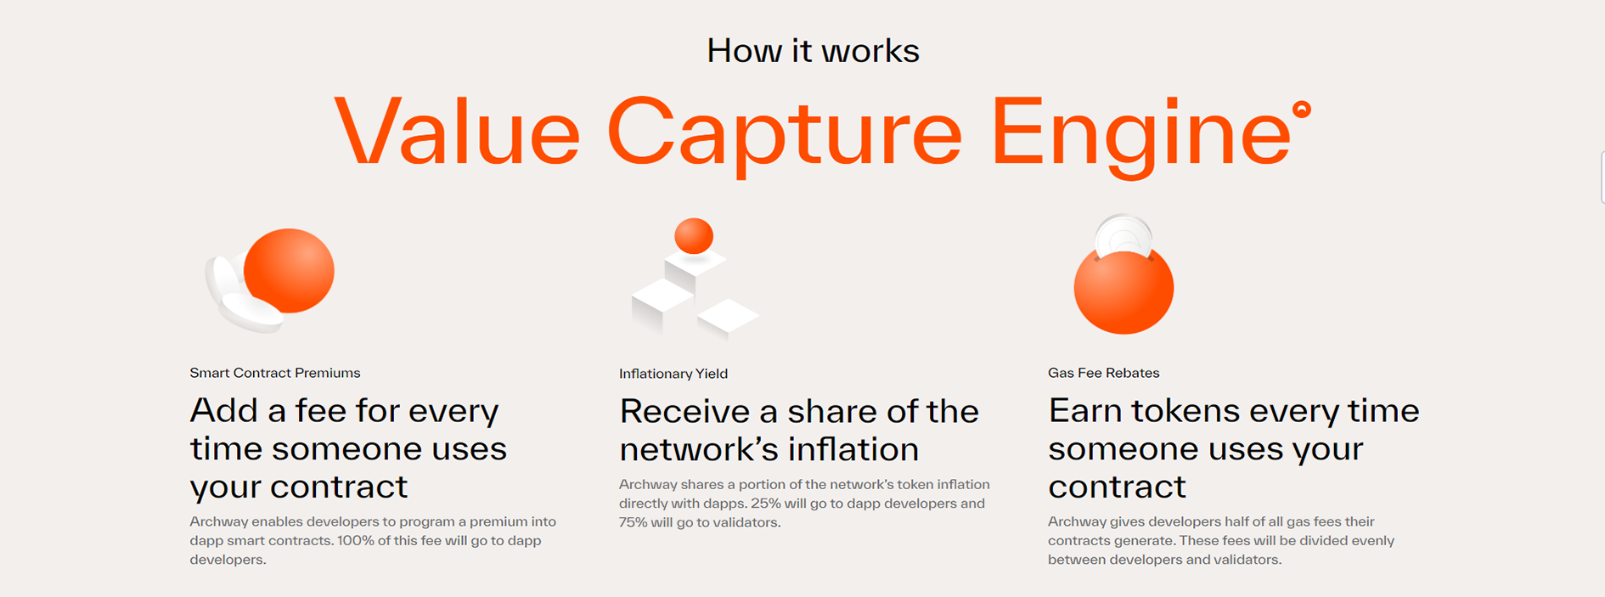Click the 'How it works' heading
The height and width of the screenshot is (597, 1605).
[x=813, y=51]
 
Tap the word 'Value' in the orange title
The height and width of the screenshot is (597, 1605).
[x=457, y=131]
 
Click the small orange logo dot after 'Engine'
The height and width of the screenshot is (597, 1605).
[x=1302, y=110]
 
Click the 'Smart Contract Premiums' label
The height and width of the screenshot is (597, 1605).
[x=275, y=373]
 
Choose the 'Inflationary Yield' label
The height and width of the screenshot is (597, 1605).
[x=673, y=374]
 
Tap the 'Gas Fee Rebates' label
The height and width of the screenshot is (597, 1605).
[x=1103, y=373]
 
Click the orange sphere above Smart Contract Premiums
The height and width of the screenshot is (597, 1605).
[x=289, y=271]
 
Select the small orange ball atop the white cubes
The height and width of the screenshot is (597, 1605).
[x=694, y=236]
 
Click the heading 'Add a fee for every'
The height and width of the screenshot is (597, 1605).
[x=344, y=411]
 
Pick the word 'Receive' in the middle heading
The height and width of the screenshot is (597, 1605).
[x=684, y=411]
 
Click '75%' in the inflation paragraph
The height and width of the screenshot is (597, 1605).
[x=633, y=522]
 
